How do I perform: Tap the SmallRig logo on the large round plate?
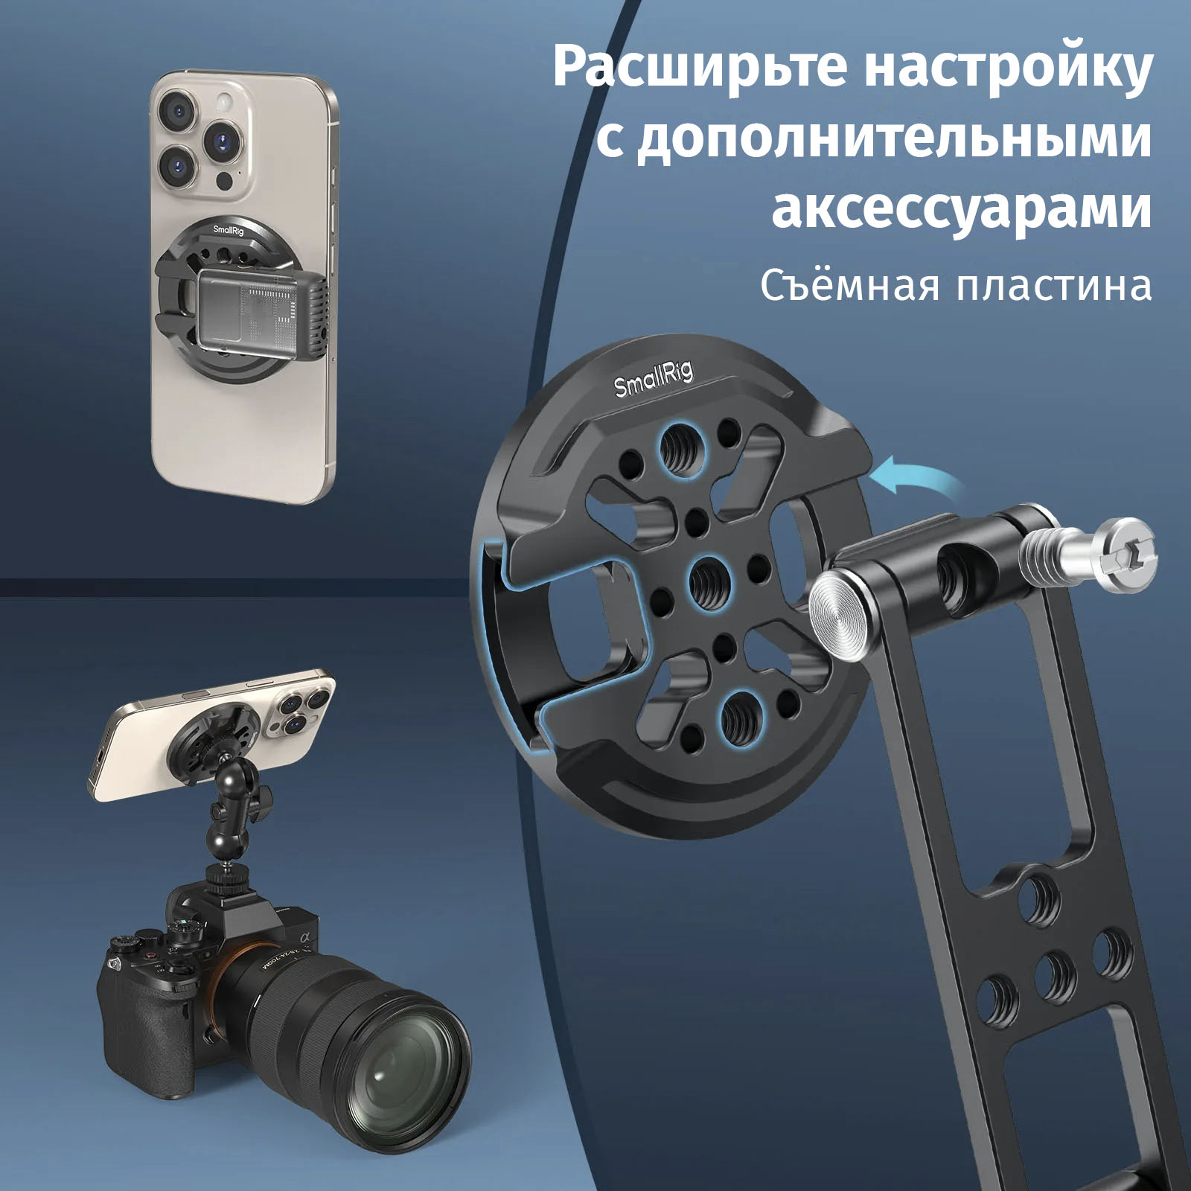coord(654,378)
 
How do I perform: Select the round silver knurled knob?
coord(838,613)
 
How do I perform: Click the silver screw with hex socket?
coord(1088,555)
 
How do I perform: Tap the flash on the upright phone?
coord(223,103)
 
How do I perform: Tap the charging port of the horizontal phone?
coord(98,757)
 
